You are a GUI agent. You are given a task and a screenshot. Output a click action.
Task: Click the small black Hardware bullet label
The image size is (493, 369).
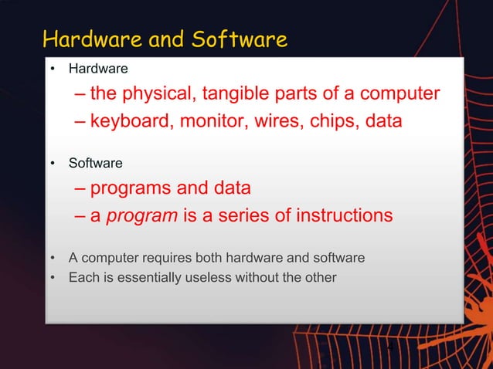tap(98, 69)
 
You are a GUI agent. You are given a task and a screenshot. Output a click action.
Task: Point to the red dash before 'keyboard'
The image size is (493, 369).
tap(80, 123)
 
